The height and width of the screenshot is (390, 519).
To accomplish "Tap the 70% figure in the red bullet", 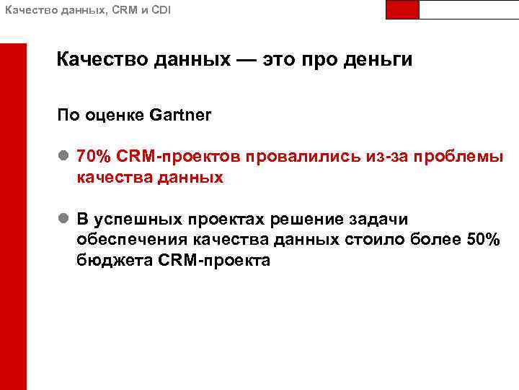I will (92, 156).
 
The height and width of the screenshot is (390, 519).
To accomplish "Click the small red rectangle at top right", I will (402, 9).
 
